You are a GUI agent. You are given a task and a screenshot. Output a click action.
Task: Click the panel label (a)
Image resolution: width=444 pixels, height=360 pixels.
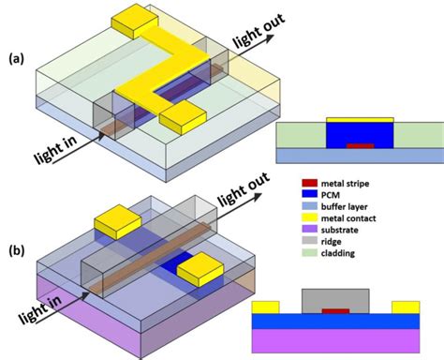15,58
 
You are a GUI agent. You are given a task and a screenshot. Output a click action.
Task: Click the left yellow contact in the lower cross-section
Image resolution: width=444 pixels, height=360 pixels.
266,307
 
